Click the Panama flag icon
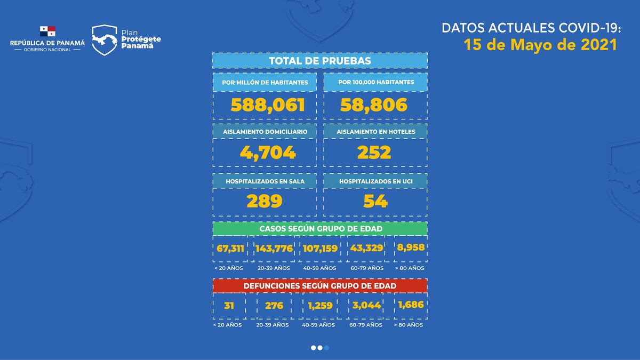47,31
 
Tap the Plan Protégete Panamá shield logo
105,40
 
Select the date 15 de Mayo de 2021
540,45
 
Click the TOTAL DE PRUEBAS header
320,61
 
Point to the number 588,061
268,105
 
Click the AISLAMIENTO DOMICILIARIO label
265,131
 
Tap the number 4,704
268,153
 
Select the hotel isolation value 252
374,153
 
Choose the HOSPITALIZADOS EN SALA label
265,181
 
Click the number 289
264,201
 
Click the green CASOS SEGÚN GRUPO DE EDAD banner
320,228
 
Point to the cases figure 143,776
274,248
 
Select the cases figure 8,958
410,247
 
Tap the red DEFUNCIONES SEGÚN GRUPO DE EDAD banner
320,286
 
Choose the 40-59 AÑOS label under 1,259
318,325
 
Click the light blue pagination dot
326,348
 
